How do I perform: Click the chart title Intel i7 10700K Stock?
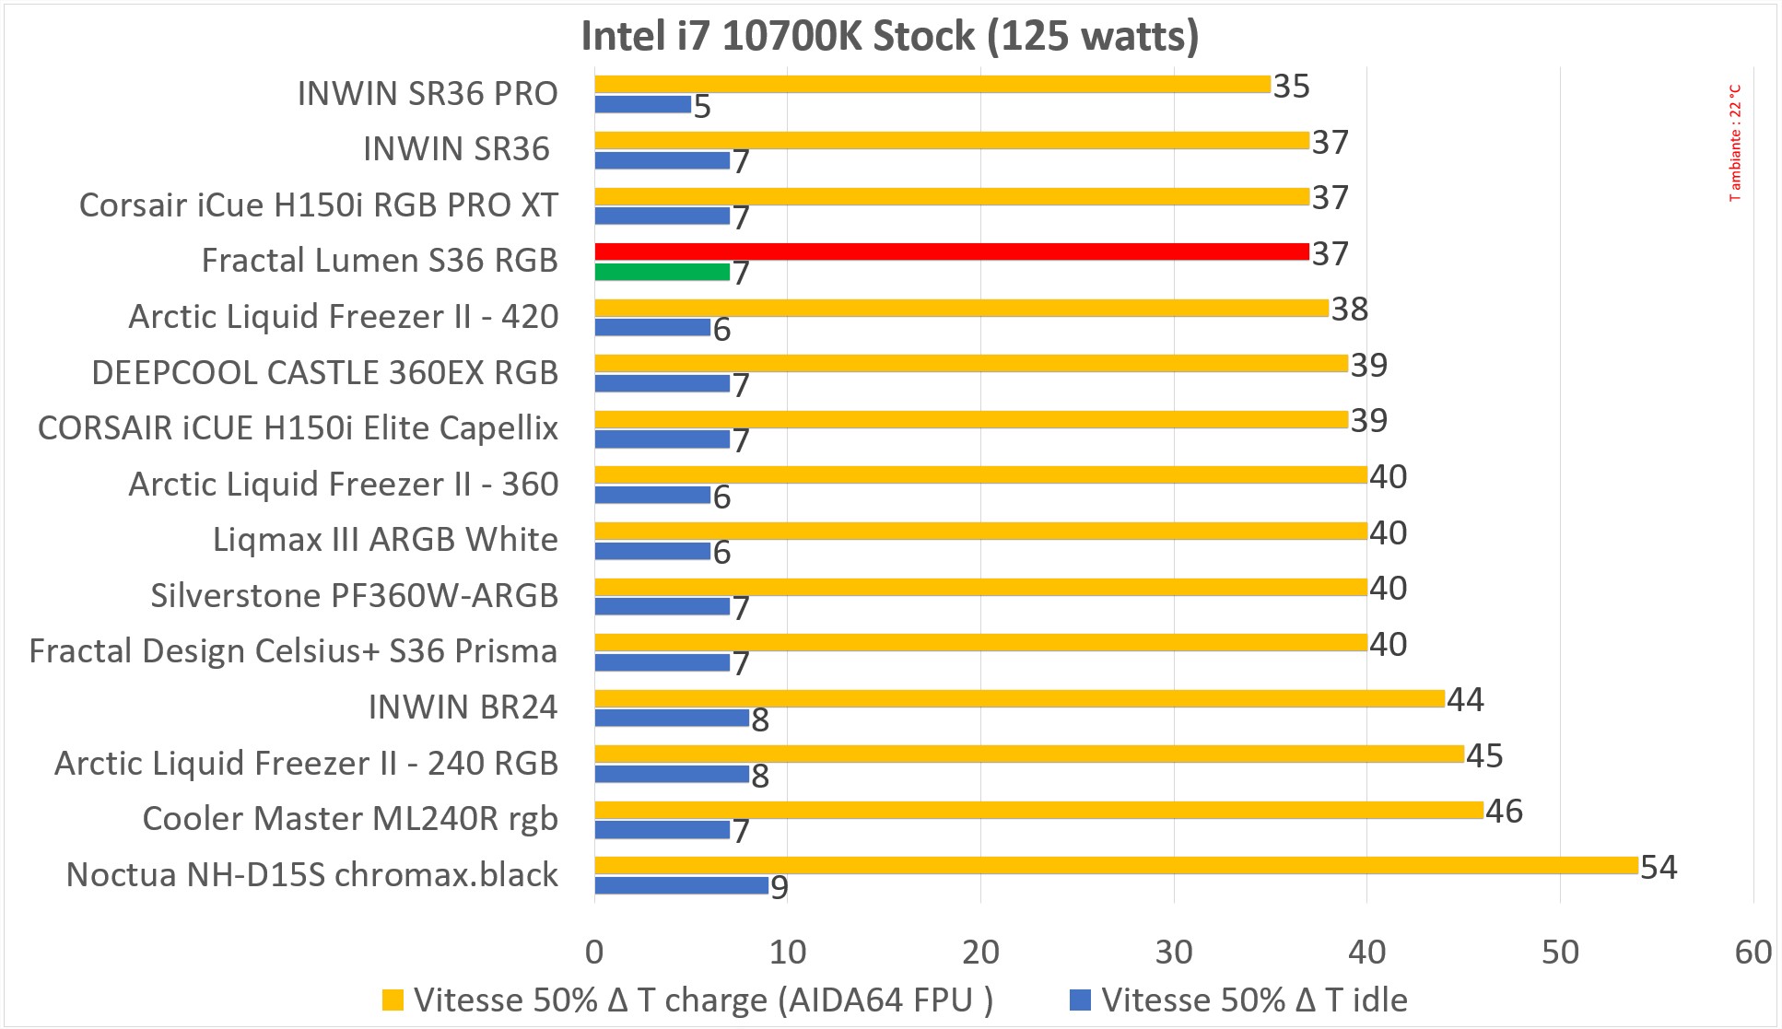click(889, 37)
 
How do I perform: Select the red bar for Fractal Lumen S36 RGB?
click(951, 251)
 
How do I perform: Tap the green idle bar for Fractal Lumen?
click(662, 272)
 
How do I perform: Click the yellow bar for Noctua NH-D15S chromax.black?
click(1116, 865)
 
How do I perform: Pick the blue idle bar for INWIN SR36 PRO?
click(642, 104)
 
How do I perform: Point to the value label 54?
click(1659, 867)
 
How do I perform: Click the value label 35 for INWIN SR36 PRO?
click(1291, 86)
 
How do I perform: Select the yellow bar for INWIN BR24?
click(1019, 698)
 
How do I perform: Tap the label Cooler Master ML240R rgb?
click(350, 819)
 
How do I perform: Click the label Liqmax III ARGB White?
click(385, 540)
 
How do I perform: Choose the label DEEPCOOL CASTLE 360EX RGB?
click(325, 373)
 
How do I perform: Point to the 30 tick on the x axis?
click(1174, 952)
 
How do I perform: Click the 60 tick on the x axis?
click(1753, 952)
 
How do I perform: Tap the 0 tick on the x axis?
click(594, 952)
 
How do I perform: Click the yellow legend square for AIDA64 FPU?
click(393, 1000)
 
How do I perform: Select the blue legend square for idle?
click(1080, 1000)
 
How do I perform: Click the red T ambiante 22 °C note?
click(1736, 143)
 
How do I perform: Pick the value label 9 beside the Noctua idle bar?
click(780, 888)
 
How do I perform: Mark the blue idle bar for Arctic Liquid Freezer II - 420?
click(652, 327)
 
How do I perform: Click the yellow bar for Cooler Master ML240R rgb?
click(1038, 810)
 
